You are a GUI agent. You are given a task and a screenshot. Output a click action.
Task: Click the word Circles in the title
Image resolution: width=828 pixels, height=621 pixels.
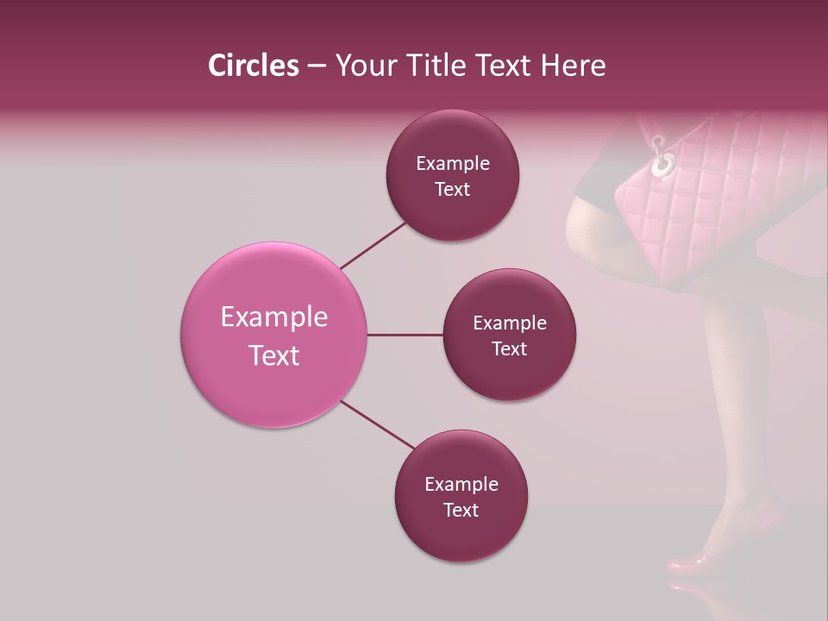point(254,66)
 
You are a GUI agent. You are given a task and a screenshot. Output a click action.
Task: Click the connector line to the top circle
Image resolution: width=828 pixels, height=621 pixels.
point(373,245)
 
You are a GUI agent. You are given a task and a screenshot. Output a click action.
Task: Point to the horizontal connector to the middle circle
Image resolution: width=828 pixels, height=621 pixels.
point(405,335)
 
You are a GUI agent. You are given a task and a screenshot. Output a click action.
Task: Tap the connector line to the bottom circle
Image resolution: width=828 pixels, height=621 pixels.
point(378,424)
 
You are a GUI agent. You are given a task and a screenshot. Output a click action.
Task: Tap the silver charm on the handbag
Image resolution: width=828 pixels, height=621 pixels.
point(662,163)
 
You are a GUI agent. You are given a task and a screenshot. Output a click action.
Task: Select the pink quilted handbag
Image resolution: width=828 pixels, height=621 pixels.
point(716,207)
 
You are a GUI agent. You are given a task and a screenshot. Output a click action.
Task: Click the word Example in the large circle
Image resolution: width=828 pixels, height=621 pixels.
point(274,317)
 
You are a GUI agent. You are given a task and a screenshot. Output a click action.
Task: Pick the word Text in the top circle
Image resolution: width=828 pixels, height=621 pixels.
point(452,190)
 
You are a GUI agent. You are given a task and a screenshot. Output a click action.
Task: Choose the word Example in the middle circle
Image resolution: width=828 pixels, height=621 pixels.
point(510,323)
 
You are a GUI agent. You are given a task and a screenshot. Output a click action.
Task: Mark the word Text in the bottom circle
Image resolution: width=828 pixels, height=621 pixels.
point(461,510)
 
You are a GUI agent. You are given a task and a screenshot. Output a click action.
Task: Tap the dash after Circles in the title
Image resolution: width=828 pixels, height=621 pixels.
point(317,66)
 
